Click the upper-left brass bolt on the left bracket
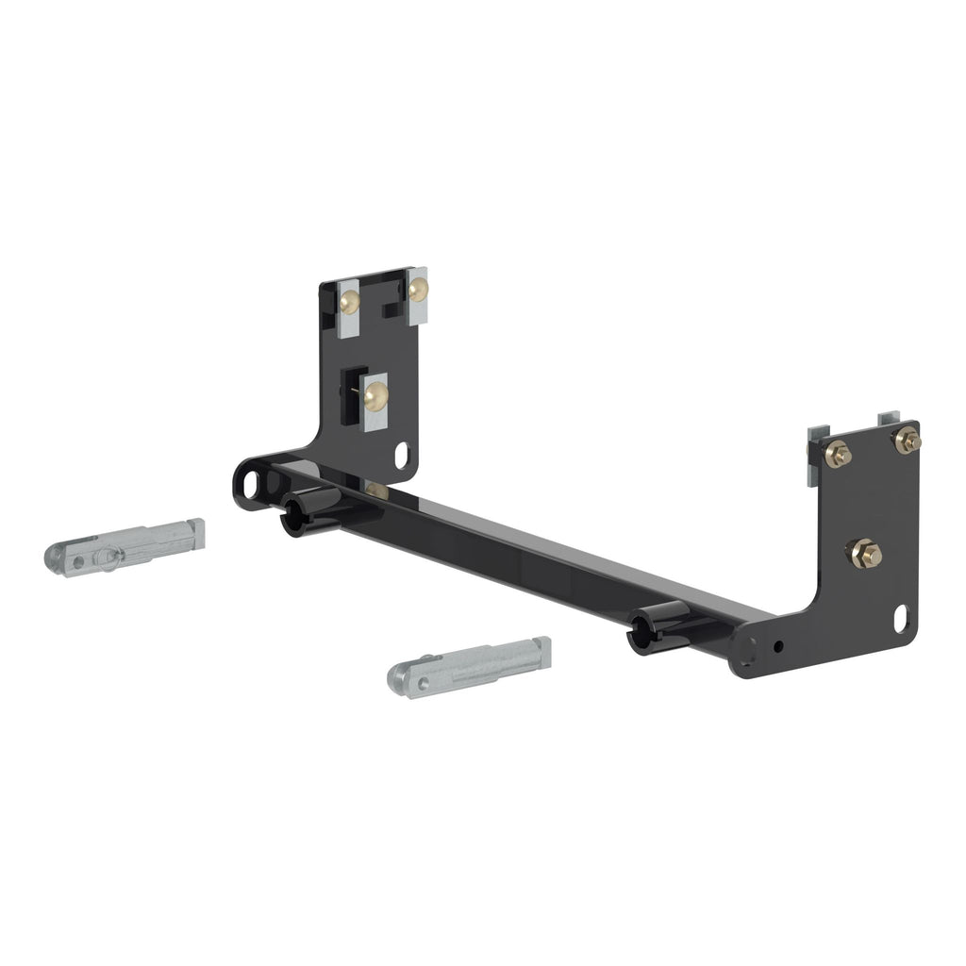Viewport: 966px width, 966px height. tap(350, 302)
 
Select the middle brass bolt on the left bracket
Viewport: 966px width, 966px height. tap(375, 396)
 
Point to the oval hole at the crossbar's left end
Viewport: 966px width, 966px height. tap(251, 483)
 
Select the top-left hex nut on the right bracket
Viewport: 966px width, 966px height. tap(837, 455)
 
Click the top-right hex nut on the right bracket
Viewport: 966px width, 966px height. tap(907, 440)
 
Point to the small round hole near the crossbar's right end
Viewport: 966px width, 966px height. tap(779, 647)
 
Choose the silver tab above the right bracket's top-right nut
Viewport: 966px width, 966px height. tap(891, 417)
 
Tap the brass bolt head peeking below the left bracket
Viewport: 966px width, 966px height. tap(376, 491)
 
